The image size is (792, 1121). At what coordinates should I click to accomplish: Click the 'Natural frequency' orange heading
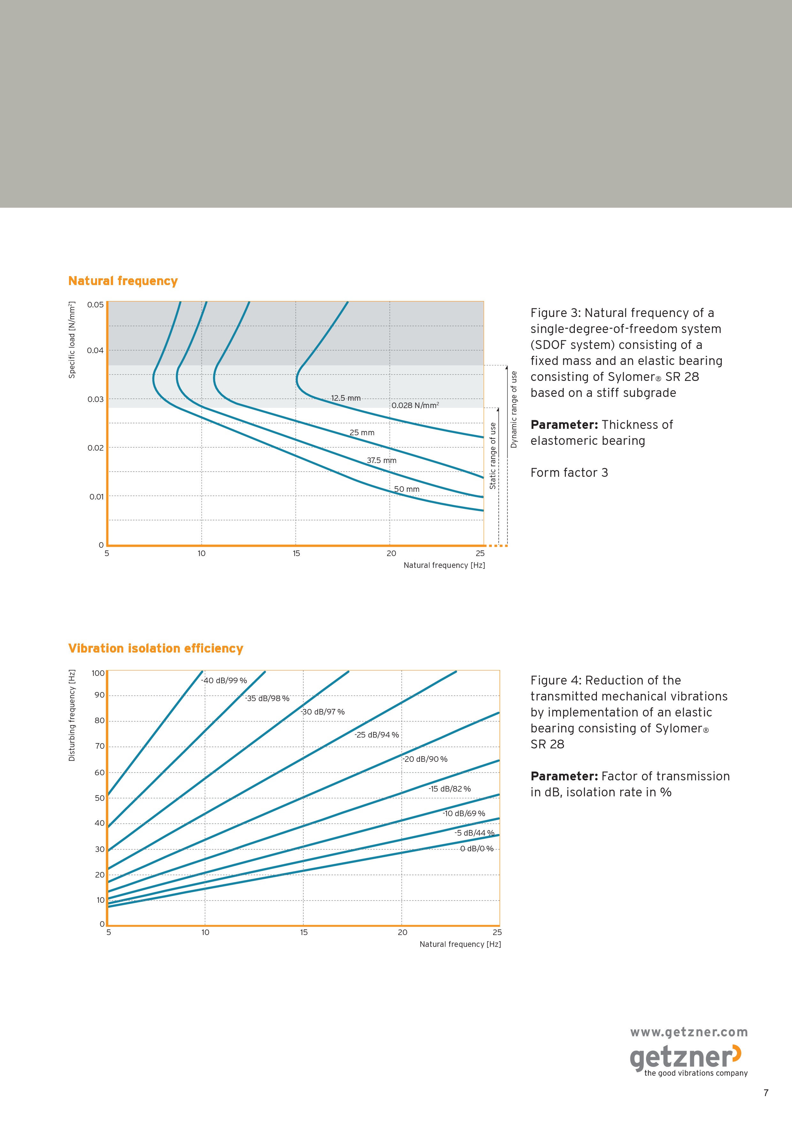click(x=123, y=281)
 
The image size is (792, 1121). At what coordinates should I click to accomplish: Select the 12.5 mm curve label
click(x=346, y=398)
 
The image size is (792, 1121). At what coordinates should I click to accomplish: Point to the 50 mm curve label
click(x=407, y=489)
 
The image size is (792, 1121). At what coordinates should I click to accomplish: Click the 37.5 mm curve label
click(x=382, y=460)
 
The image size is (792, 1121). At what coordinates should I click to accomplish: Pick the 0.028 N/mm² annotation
click(x=415, y=405)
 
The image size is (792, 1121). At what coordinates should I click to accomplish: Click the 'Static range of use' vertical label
click(x=493, y=456)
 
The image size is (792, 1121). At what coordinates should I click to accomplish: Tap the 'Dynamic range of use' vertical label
click(x=514, y=409)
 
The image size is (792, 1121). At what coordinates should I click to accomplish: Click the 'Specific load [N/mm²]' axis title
click(x=72, y=340)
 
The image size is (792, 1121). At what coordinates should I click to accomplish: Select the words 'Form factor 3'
click(x=569, y=473)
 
